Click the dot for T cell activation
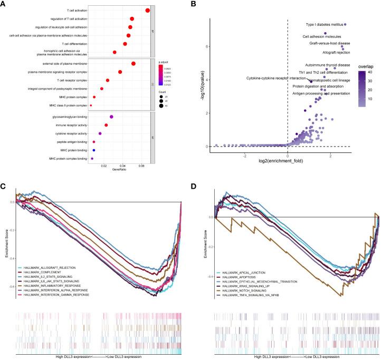point(148,10)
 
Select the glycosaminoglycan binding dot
point(111,116)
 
